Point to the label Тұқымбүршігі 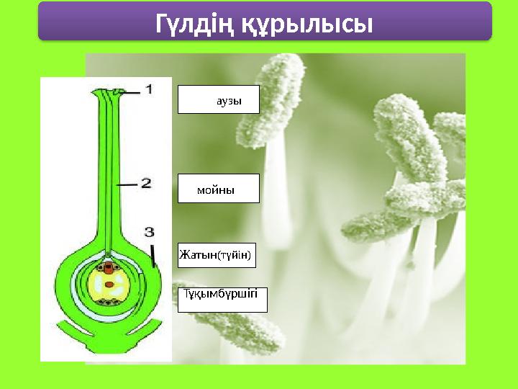222,298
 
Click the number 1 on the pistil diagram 149,90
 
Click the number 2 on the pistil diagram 145,184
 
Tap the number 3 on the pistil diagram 149,232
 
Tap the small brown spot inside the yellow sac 109,285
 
